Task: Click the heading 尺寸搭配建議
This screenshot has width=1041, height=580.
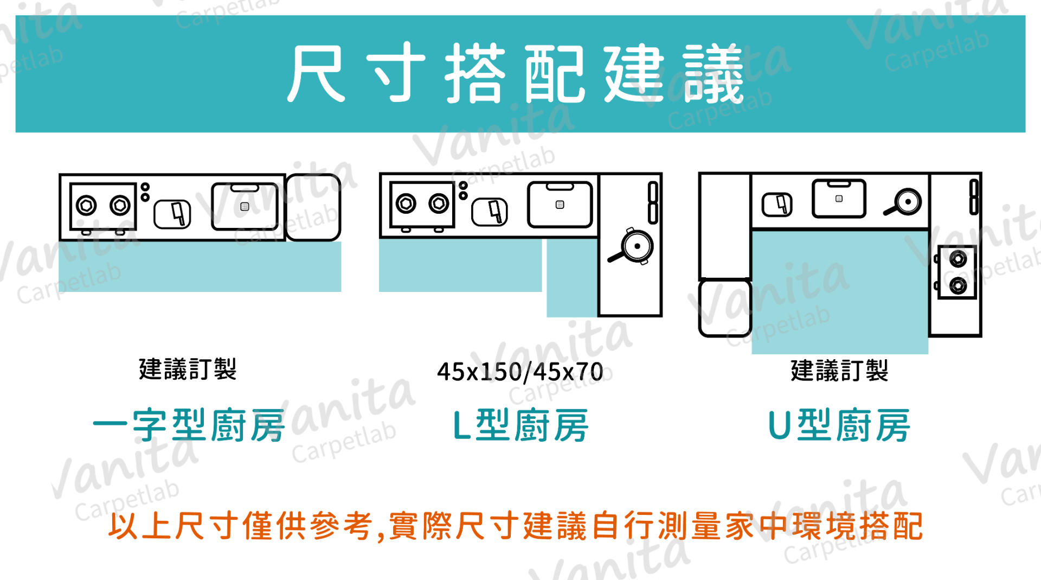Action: coord(516,73)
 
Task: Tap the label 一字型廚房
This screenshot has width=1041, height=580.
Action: coord(189,425)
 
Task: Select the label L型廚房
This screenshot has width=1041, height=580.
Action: coord(520,425)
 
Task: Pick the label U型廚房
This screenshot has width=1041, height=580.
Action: coord(839,425)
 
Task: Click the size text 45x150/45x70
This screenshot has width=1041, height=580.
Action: coord(520,372)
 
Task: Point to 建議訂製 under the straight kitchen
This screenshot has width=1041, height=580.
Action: coord(188,369)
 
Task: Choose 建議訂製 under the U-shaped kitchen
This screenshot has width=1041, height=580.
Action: coord(839,371)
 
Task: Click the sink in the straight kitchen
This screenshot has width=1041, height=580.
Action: coord(245,207)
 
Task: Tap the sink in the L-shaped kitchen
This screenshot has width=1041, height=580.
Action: coord(560,205)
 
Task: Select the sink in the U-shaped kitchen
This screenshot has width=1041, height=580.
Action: coord(839,199)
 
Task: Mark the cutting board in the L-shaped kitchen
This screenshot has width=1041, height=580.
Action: coord(490,212)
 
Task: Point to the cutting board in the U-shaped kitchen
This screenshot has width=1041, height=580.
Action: coord(777,205)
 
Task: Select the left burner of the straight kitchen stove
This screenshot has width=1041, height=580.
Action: coord(86,206)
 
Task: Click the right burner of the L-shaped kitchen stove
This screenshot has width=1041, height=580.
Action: coord(439,204)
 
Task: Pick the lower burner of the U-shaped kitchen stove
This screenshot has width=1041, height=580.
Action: coord(958,285)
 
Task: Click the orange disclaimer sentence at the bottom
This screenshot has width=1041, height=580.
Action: coord(516,526)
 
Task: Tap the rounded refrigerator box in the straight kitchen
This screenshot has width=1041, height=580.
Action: coord(313,207)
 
